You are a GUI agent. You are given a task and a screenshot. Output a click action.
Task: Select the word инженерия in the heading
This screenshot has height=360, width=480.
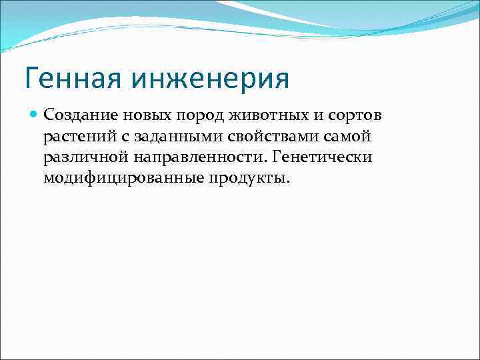pyautogui.click(x=215, y=79)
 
